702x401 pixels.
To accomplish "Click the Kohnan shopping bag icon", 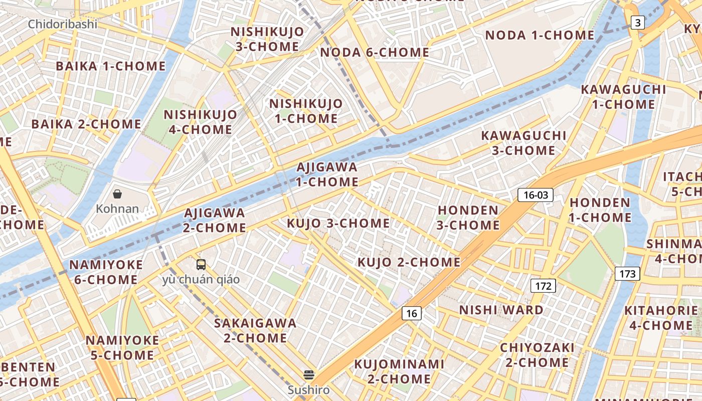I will pyautogui.click(x=117, y=193).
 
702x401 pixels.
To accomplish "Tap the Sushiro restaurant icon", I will pyautogui.click(x=309, y=374).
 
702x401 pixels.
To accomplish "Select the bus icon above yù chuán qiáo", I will pyautogui.click(x=201, y=264).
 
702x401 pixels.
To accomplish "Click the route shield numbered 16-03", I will pyautogui.click(x=536, y=195).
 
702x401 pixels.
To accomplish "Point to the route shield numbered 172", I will pyautogui.click(x=543, y=286).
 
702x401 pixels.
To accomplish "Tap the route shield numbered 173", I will pyautogui.click(x=627, y=274).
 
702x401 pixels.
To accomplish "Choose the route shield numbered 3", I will pyautogui.click(x=637, y=23).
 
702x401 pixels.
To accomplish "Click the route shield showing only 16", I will pyautogui.click(x=412, y=314).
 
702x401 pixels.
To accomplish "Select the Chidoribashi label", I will pyautogui.click(x=63, y=24).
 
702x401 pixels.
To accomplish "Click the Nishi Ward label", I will pyautogui.click(x=501, y=310).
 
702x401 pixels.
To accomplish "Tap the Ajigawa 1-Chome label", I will pyautogui.click(x=327, y=174).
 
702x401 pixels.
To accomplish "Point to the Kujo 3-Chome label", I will pyautogui.click(x=338, y=223).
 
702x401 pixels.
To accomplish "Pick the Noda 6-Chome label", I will pyautogui.click(x=375, y=52).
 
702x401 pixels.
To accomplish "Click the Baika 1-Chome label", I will pyautogui.click(x=110, y=66).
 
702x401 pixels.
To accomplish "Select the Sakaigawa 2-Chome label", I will pyautogui.click(x=255, y=330).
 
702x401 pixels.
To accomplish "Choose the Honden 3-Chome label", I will pyautogui.click(x=468, y=218).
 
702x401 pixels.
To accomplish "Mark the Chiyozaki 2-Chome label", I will pyautogui.click(x=537, y=355).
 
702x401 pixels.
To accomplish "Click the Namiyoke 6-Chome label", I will pyautogui.click(x=106, y=272).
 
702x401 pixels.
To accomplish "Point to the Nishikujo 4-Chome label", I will pyautogui.click(x=201, y=122).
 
